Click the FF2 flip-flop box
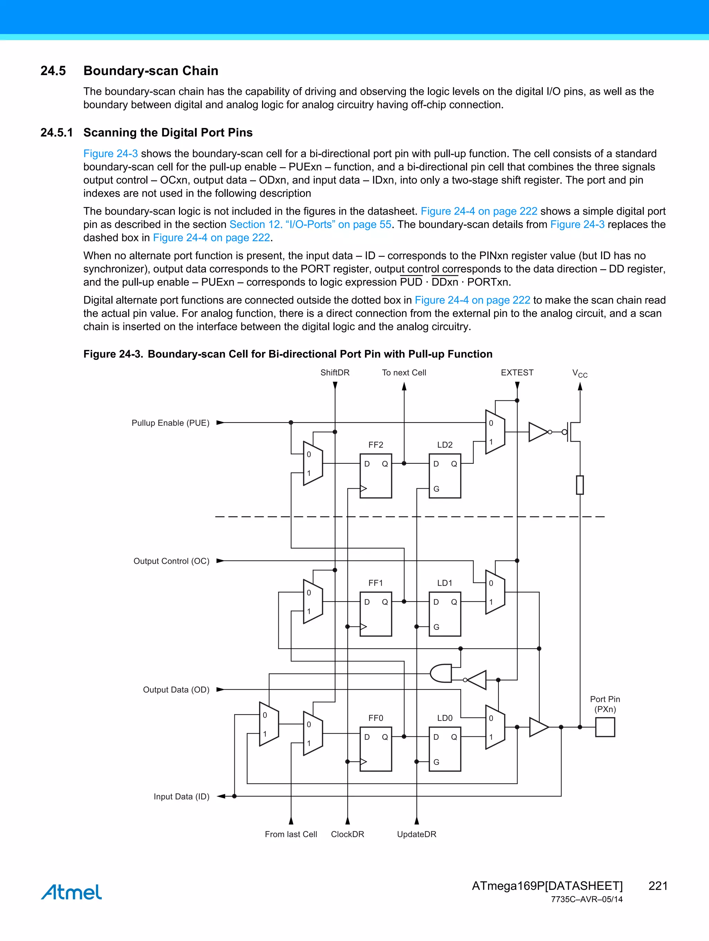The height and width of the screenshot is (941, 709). coord(375,476)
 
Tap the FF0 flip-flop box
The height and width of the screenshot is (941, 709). coord(375,749)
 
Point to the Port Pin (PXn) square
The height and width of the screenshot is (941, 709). coord(605,727)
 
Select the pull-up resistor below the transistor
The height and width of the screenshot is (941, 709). coord(580,485)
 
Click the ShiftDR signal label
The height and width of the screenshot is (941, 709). coord(335,373)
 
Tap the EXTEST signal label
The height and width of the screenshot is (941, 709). coord(517,373)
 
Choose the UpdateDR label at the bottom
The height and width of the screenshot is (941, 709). coord(416,834)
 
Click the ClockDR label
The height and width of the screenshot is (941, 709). coord(347,834)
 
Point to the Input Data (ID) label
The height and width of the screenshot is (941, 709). coord(181,796)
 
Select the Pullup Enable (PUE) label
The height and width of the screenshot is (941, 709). coord(170,423)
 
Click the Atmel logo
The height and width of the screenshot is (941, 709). coord(72,892)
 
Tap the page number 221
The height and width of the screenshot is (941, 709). coord(657,886)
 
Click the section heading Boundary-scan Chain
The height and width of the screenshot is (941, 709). coord(151,71)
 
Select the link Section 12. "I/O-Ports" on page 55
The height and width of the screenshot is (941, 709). coord(310,225)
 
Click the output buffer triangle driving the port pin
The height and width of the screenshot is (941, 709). coord(538,727)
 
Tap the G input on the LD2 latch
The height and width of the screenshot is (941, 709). coord(436,489)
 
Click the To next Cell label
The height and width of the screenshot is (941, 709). coord(404,373)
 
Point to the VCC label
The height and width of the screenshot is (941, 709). coord(580,374)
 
